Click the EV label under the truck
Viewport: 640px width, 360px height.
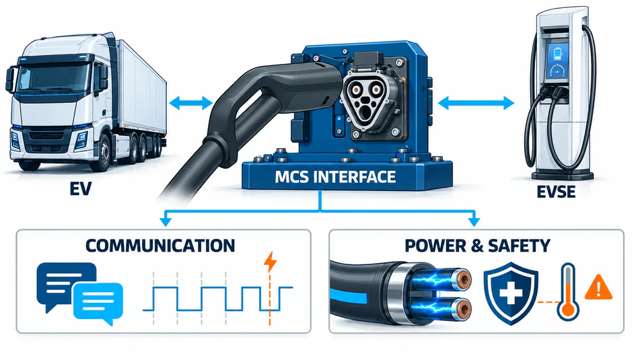pos(80,189)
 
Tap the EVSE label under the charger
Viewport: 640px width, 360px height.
pos(557,191)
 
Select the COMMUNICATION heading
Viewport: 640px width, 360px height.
pos(160,246)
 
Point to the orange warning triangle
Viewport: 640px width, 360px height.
pos(599,287)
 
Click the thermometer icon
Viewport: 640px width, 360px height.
pos(568,291)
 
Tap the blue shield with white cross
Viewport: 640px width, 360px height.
pos(511,293)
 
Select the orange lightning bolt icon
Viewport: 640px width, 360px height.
pos(271,262)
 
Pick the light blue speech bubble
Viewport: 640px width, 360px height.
pos(98,302)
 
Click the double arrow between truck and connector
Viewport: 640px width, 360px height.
pos(190,103)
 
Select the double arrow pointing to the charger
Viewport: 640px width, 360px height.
pos(476,103)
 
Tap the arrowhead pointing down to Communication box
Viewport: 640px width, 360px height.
pos(166,221)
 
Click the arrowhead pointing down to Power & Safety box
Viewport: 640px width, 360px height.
pos(474,221)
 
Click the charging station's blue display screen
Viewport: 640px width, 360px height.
pos(557,61)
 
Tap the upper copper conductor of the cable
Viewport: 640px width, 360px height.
pos(462,279)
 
